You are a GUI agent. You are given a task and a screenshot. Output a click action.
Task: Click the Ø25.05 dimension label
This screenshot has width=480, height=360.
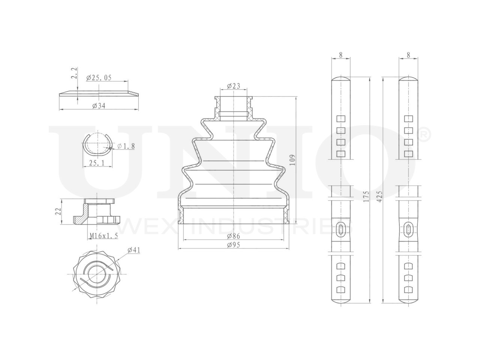tap(99, 78)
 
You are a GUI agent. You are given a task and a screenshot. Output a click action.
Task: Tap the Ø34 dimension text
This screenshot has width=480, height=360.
tap(99, 106)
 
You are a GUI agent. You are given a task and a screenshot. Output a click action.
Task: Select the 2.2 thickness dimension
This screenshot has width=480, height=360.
tap(74, 73)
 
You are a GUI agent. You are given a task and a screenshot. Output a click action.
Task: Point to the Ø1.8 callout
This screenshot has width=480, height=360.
tap(126, 146)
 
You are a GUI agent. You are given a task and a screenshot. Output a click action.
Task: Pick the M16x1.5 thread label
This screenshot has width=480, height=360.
tap(104, 235)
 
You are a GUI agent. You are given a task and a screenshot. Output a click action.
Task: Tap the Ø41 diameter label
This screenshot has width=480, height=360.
tap(133, 250)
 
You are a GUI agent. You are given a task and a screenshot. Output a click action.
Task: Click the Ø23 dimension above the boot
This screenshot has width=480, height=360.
tap(233, 86)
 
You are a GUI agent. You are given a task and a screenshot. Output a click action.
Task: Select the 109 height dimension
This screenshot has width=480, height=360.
tap(292, 160)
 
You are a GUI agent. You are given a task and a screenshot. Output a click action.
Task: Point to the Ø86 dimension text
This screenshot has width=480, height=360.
tap(233, 236)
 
